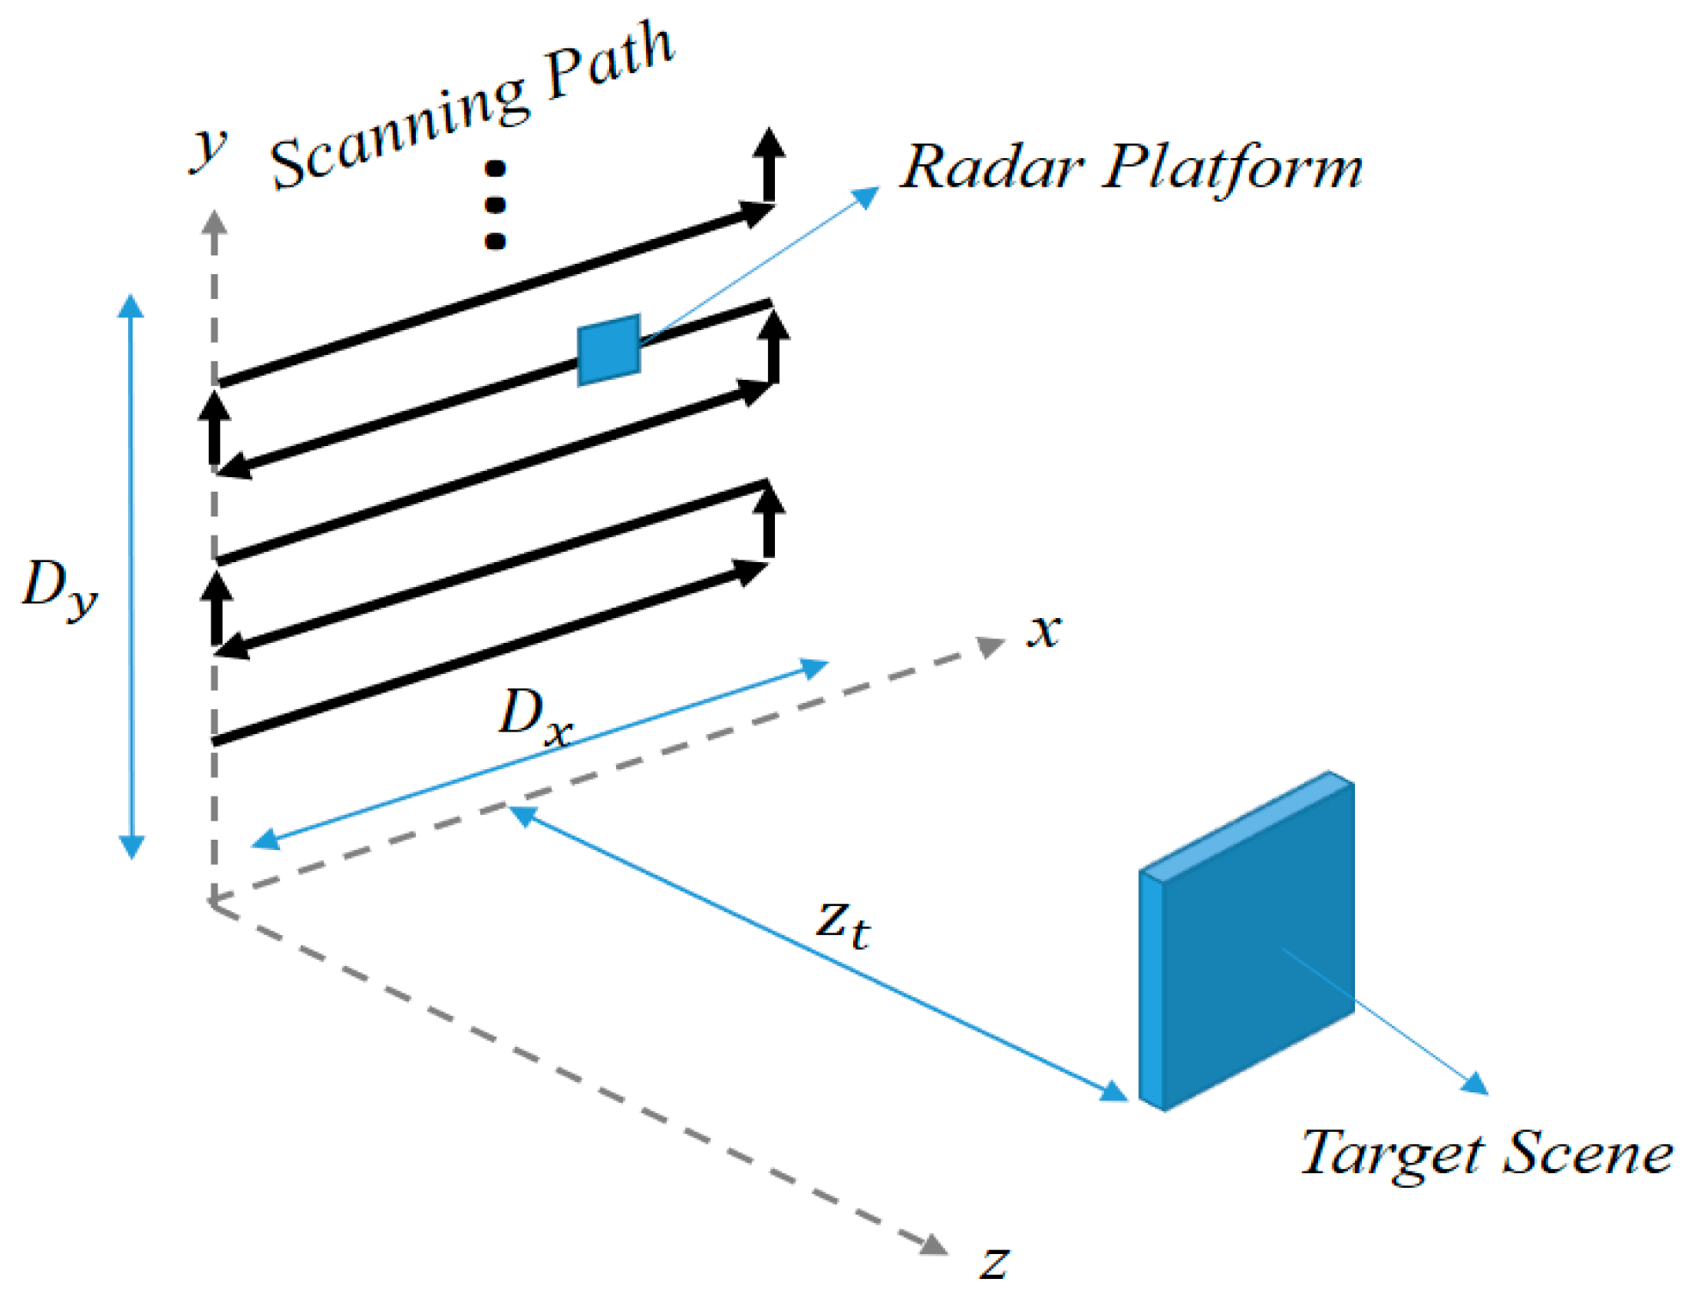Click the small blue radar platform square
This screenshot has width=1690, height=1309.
coord(608,350)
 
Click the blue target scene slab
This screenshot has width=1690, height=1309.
coord(1247,941)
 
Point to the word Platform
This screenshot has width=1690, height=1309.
coord(1233,168)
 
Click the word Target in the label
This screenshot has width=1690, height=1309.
coord(1392,1153)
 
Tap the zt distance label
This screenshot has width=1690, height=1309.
coord(844,925)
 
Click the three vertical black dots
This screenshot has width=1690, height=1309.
coord(495,205)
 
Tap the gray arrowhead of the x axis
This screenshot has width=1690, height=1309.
coord(991,645)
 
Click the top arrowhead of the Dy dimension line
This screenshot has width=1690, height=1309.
coord(131,306)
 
